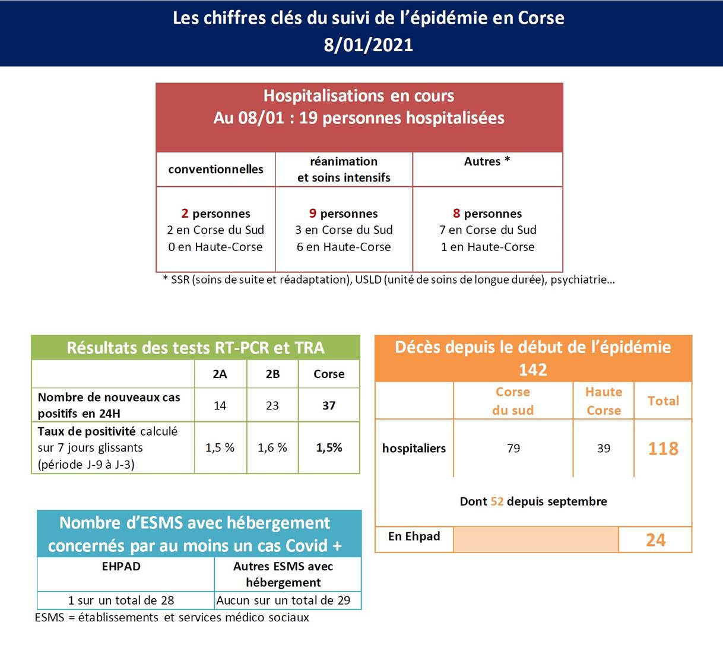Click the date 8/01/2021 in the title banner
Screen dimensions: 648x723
[368, 45]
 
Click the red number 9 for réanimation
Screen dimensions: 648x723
[313, 214]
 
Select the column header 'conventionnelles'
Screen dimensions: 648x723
[215, 170]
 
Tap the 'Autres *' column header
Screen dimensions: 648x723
[487, 161]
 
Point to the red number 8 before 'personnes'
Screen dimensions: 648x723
[456, 214]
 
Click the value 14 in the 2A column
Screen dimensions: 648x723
[220, 406]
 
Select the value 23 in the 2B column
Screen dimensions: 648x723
[272, 406]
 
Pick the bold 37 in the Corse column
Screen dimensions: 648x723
[329, 406]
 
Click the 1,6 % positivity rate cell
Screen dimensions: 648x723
[272, 448]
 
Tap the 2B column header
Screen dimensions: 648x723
[272, 374]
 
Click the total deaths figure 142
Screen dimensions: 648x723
[532, 370]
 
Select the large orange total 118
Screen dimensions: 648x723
[663, 449]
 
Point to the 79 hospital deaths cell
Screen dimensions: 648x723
[513, 449]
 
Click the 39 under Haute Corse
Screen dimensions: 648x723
[604, 449]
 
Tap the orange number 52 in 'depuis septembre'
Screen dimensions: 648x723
[497, 501]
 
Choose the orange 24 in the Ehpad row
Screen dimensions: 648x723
[655, 540]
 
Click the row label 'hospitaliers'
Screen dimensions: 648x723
[414, 449]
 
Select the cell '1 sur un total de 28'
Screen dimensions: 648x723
[121, 601]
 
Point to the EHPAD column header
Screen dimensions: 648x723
[121, 567]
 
